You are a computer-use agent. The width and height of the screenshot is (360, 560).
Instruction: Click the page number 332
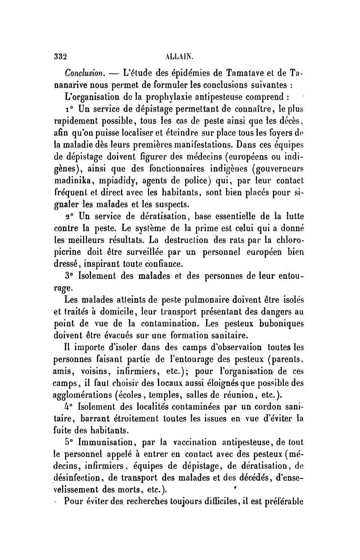coord(60,58)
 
